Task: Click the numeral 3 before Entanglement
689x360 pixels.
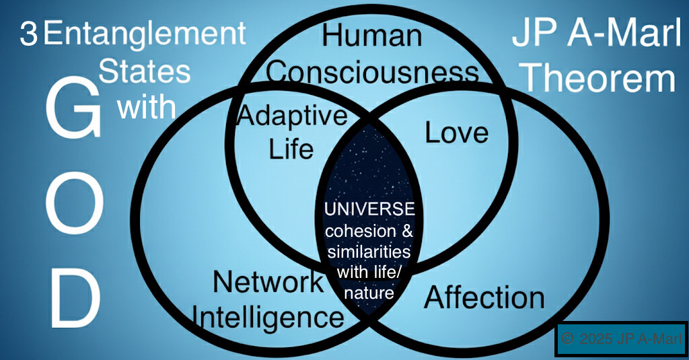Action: point(28,34)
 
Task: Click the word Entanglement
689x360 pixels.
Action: point(144,34)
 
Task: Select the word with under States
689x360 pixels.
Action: point(147,106)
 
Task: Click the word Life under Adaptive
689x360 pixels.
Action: point(291,149)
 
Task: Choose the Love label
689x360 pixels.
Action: point(457,132)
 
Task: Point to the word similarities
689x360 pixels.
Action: point(369,254)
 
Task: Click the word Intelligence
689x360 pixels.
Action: point(268,316)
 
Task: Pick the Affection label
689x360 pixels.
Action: point(484,297)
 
